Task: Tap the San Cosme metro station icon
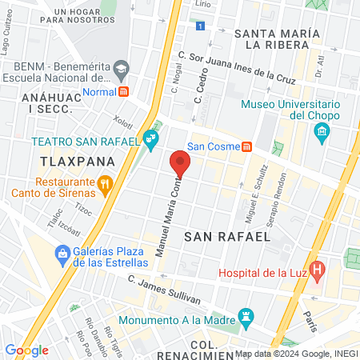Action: click(248, 146)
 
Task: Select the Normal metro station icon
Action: click(124, 91)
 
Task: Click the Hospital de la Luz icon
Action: click(318, 270)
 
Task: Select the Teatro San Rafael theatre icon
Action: click(150, 141)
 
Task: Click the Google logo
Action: click(26, 350)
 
